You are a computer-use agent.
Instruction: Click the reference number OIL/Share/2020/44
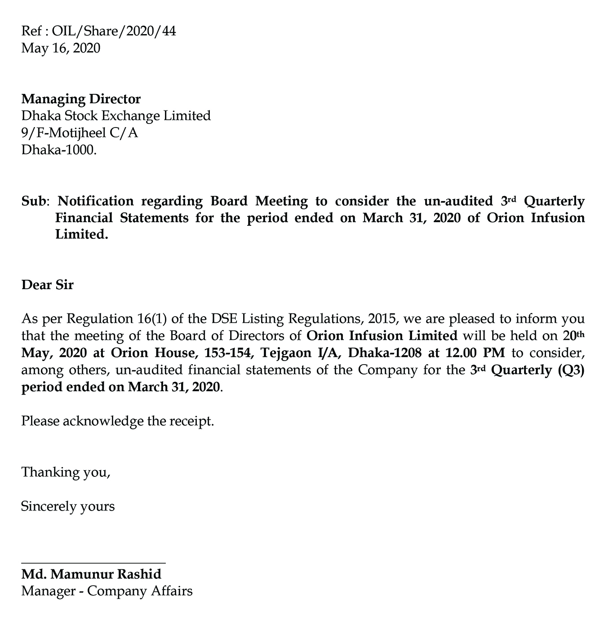pyautogui.click(x=114, y=31)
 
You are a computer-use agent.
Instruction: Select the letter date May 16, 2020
pyautogui.click(x=61, y=48)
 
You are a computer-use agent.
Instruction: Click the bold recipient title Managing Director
pyautogui.click(x=81, y=99)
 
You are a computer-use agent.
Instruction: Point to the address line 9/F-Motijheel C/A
pyautogui.click(x=80, y=133)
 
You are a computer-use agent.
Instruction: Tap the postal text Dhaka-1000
pyautogui.click(x=59, y=150)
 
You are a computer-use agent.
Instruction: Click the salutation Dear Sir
pyautogui.click(x=47, y=285)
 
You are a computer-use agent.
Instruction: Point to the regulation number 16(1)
pyautogui.click(x=152, y=319)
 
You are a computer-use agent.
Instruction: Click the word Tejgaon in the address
pyautogui.click(x=284, y=352)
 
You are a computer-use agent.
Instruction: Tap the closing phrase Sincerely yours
pyautogui.click(x=68, y=506)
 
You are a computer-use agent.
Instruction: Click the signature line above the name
pyautogui.click(x=93, y=562)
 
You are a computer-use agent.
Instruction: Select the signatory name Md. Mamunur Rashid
pyautogui.click(x=91, y=574)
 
